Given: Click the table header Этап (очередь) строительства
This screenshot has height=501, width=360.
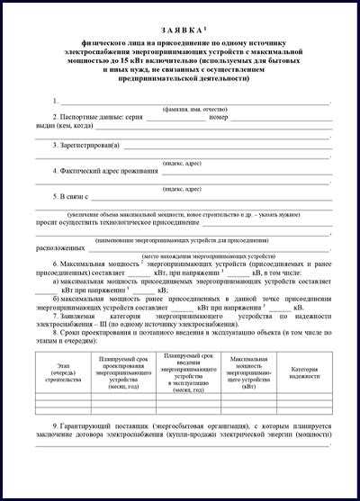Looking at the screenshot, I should pos(63,373).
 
